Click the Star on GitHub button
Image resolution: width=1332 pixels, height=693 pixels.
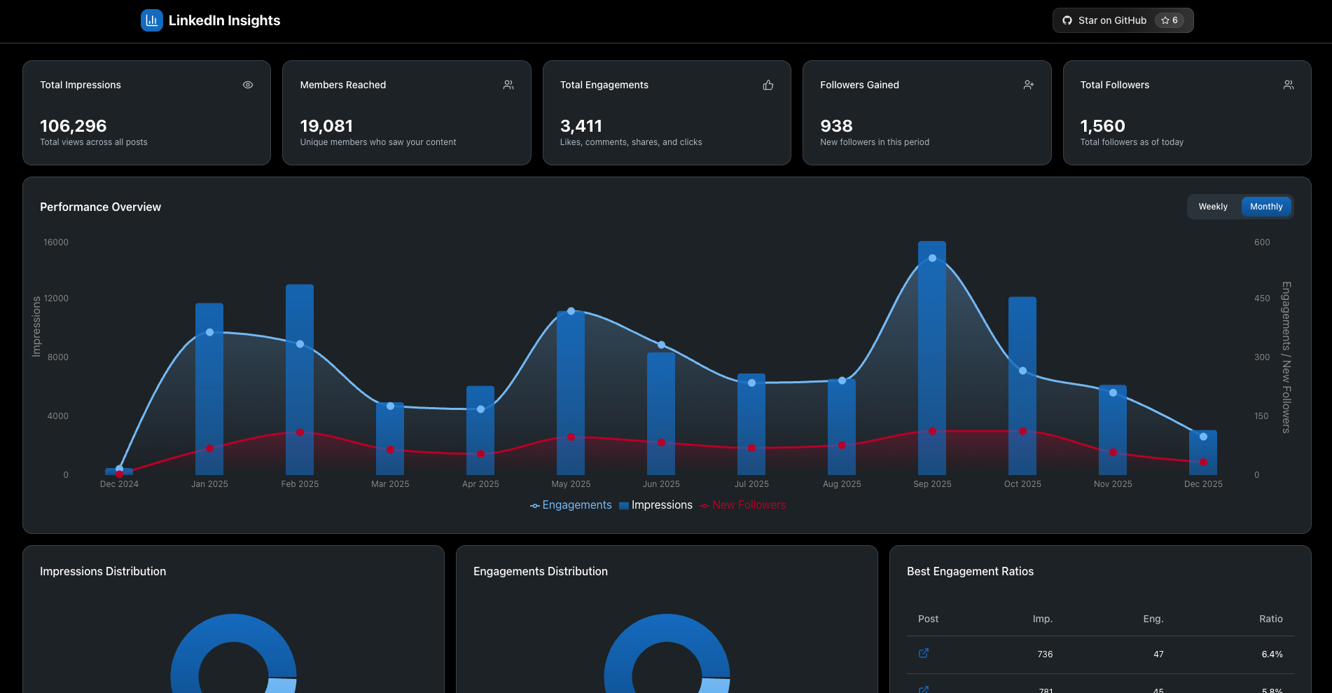click(x=1122, y=20)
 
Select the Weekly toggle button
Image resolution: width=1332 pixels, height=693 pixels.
click(x=1212, y=207)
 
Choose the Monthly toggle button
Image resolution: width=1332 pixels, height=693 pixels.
click(x=1265, y=207)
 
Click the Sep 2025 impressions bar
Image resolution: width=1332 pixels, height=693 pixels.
click(x=931, y=350)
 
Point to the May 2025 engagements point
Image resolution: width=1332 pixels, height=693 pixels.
click(x=571, y=311)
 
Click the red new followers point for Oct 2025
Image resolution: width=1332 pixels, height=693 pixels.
click(x=1022, y=431)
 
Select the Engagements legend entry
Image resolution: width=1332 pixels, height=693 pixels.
click(x=571, y=505)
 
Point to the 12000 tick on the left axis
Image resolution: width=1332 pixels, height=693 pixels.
click(x=56, y=299)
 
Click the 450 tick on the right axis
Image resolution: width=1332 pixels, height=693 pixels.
click(x=1262, y=299)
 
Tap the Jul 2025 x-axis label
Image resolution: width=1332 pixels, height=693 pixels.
click(x=751, y=484)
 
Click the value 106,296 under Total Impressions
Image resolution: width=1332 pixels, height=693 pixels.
click(x=74, y=126)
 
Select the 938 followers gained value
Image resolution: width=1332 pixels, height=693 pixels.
click(x=836, y=126)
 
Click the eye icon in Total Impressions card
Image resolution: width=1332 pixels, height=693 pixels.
click(x=248, y=85)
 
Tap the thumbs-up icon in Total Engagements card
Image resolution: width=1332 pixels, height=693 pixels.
click(x=768, y=85)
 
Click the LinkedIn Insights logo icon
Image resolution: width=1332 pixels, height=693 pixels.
click(x=151, y=20)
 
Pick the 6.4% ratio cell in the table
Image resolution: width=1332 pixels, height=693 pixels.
click(x=1272, y=654)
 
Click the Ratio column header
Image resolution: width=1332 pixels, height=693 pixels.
click(x=1270, y=619)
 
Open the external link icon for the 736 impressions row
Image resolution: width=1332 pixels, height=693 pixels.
click(x=924, y=653)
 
